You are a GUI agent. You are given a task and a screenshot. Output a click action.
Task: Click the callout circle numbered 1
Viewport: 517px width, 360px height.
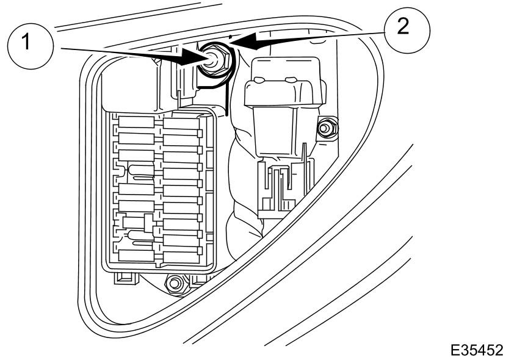pos(31,46)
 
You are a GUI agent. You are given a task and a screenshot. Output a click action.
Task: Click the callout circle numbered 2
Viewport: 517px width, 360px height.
pos(407,31)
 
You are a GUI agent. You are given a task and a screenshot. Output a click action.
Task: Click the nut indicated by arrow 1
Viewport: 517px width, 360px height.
pos(215,61)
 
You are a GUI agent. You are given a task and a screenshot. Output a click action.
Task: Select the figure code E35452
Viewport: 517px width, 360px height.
pos(477,350)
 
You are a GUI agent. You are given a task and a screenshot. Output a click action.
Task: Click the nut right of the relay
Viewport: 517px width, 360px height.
pos(327,128)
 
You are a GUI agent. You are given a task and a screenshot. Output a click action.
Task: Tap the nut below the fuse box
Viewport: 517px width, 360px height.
pos(174,283)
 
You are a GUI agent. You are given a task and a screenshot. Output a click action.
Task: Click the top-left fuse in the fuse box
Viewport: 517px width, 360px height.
pos(136,121)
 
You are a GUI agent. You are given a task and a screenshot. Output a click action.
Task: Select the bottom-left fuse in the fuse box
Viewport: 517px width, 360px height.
pos(136,256)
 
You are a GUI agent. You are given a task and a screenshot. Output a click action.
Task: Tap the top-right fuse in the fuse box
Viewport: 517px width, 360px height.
pos(181,123)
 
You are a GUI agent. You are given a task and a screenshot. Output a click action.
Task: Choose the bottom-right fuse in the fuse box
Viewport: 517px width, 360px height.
pos(181,257)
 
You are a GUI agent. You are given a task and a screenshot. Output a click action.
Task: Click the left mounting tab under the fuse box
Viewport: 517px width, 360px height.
pos(126,278)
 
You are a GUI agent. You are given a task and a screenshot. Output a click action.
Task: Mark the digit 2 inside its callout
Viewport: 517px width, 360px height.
pos(403,26)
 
